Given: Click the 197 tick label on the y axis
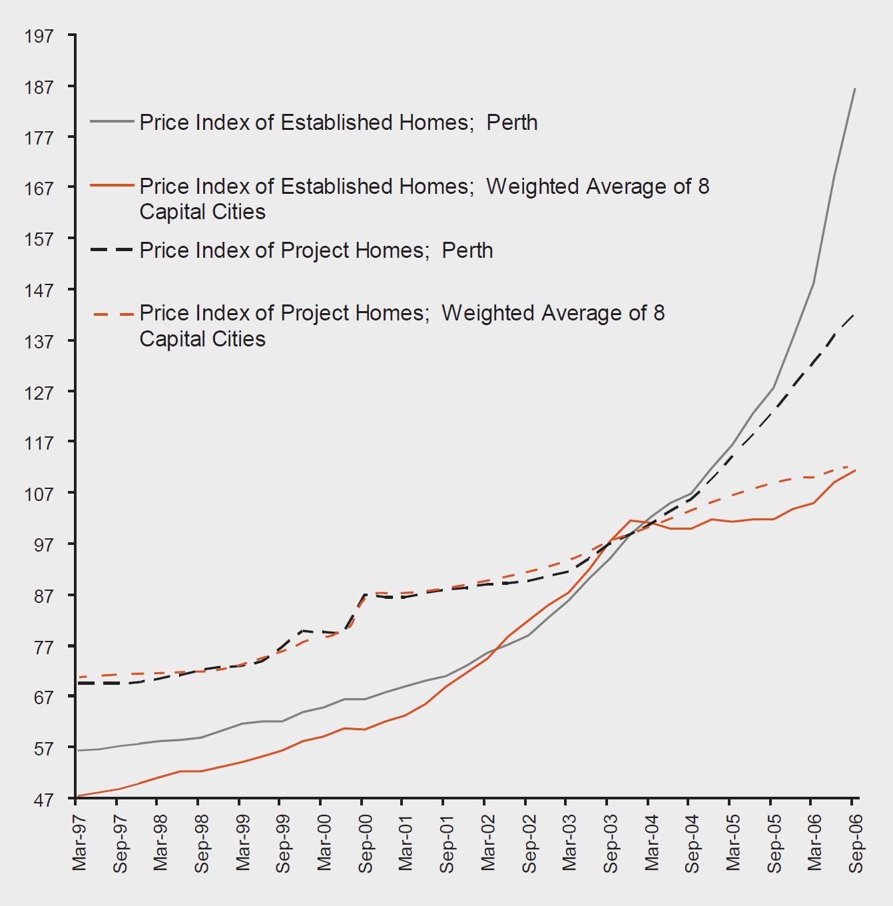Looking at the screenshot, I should pyautogui.click(x=39, y=35).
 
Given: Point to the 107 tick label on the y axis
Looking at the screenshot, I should pyautogui.click(x=39, y=494).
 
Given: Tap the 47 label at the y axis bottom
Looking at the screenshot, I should pyautogui.click(x=43, y=799).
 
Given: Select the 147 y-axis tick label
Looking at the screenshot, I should pyautogui.click(x=39, y=290).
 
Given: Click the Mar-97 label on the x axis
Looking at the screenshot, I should pyautogui.click(x=79, y=842).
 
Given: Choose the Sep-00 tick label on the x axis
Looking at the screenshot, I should pyautogui.click(x=366, y=843).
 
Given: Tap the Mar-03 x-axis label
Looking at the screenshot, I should pyautogui.click(x=570, y=842).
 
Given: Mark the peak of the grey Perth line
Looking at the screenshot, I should pyautogui.click(x=854, y=89).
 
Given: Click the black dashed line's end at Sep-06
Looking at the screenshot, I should pyautogui.click(x=854, y=314).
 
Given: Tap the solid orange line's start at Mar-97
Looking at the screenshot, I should pyautogui.click(x=77, y=796).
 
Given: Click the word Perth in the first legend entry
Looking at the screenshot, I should pyautogui.click(x=511, y=123).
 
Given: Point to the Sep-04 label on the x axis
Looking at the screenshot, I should pyautogui.click(x=693, y=843).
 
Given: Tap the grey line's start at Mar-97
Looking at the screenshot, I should pyautogui.click(x=77, y=751).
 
